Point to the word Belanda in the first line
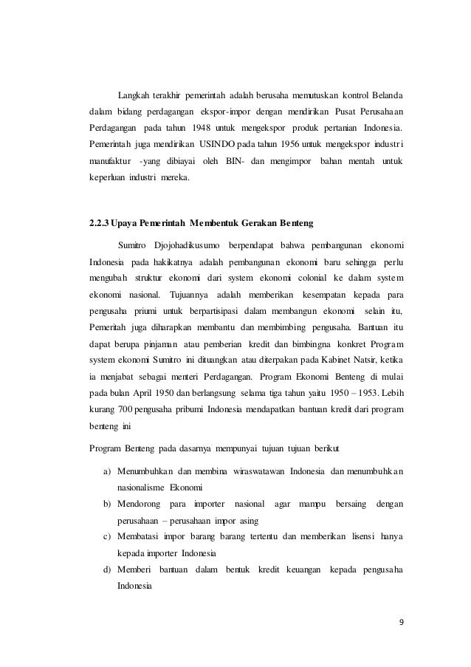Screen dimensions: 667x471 pos(385,96)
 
